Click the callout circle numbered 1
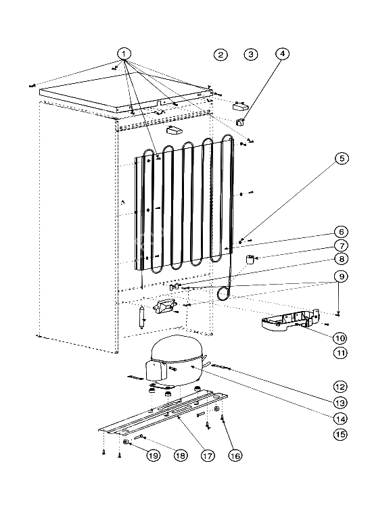[x=124, y=53]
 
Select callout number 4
[x=282, y=53]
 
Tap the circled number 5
[x=342, y=158]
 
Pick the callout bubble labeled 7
[x=341, y=245]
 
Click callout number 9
[x=341, y=277]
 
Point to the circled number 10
[x=340, y=338]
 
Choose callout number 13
[x=340, y=402]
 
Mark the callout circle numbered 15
[x=340, y=435]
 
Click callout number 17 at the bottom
[x=208, y=456]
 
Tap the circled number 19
[x=153, y=456]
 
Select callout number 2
[x=220, y=55]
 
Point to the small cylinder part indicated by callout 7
[x=249, y=260]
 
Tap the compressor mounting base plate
[x=163, y=413]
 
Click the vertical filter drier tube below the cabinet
[x=141, y=317]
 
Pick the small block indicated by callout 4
[x=240, y=122]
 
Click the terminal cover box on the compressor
[x=156, y=370]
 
